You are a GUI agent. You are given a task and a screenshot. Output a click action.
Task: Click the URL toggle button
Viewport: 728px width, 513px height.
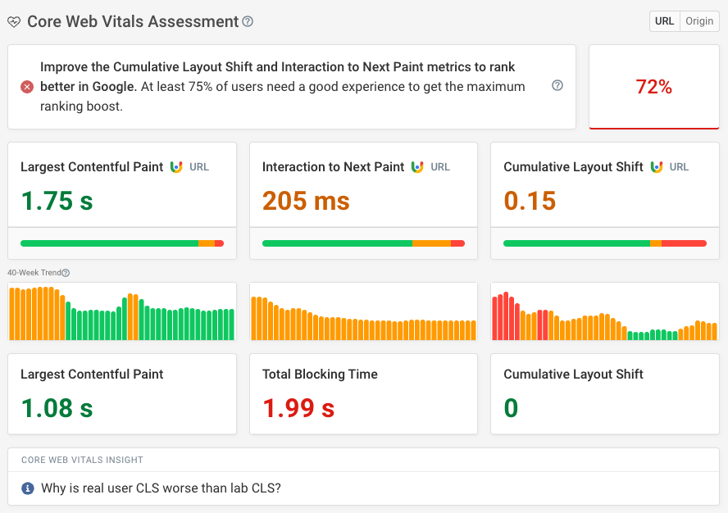(x=664, y=21)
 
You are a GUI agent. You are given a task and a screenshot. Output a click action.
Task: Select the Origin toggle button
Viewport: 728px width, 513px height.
(x=699, y=21)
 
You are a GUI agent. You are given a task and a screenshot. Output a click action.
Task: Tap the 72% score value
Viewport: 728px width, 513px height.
(x=653, y=87)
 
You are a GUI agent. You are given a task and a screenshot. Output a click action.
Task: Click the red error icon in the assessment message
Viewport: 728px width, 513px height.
(x=27, y=87)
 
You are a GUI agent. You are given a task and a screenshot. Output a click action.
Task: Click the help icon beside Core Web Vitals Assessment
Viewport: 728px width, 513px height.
(x=248, y=21)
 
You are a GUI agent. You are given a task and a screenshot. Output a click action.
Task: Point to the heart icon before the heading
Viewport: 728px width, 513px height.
(x=14, y=22)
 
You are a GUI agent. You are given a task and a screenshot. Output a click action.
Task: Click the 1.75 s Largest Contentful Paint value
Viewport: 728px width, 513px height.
(x=57, y=201)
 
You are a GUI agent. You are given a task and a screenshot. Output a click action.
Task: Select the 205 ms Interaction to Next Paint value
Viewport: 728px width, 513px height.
(x=306, y=201)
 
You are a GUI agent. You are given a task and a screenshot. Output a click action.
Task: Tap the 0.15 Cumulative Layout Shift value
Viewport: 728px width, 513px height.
(x=530, y=201)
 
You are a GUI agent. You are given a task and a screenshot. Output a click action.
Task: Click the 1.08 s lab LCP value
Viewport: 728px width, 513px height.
(x=57, y=408)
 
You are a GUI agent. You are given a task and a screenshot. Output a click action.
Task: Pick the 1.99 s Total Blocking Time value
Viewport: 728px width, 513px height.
(x=298, y=408)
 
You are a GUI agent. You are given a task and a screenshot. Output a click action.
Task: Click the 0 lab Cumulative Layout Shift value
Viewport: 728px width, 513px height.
(x=511, y=408)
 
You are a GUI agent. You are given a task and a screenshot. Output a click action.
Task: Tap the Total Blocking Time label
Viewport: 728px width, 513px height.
(x=320, y=374)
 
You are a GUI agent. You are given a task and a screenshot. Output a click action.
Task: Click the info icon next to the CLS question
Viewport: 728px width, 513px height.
(x=27, y=488)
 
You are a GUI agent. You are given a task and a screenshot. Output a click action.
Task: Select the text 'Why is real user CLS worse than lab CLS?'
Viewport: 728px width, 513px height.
(x=161, y=488)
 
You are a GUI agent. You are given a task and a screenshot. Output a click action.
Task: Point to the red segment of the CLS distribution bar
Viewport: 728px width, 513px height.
(x=684, y=243)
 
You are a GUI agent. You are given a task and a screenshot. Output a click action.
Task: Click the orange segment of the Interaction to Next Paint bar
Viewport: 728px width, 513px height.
(x=431, y=243)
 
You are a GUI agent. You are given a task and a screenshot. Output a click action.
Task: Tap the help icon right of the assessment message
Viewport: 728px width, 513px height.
(x=557, y=85)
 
